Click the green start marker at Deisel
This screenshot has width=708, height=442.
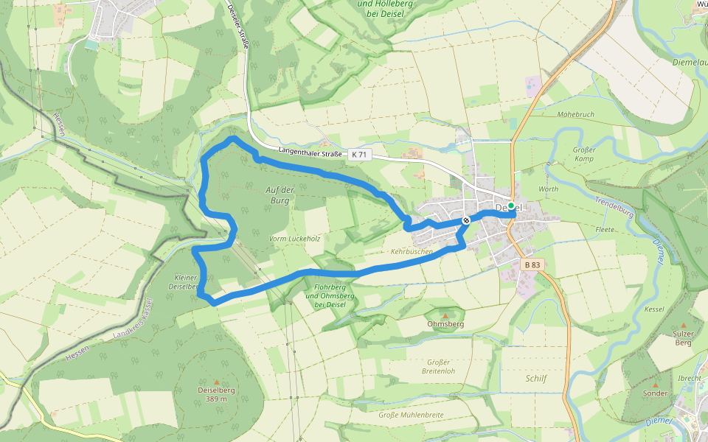coord(510,206)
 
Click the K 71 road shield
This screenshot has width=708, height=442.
coord(358,155)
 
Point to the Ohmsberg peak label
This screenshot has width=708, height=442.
coord(445,323)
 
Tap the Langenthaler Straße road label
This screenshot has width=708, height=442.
coord(310,152)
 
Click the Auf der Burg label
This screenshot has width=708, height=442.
coord(280,194)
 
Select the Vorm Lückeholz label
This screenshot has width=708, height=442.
coord(294,239)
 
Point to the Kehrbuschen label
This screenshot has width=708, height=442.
coord(412,251)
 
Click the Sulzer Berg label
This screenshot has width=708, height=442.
coord(683,337)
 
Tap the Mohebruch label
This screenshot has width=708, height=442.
coord(576,115)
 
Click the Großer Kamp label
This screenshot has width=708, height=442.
coord(584,154)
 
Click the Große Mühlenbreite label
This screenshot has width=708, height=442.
coord(411,415)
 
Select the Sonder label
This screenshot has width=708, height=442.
coord(655,393)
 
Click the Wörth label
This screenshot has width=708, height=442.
coord(549,189)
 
